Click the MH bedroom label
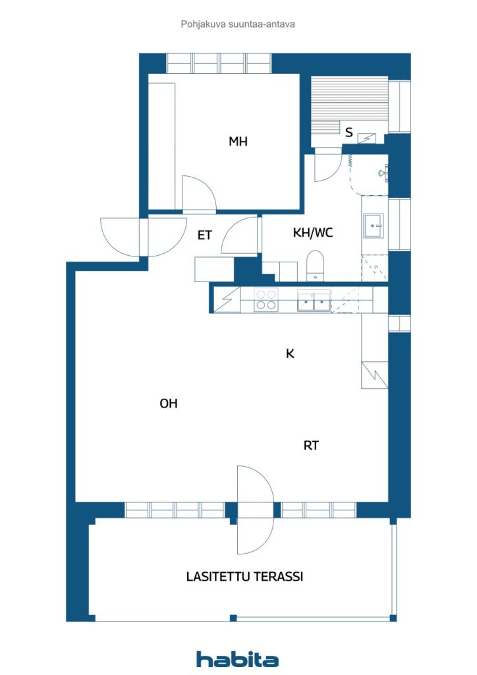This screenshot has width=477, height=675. [x=238, y=141]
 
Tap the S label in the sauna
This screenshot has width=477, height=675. [x=349, y=132]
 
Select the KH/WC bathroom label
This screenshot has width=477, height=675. [x=312, y=233]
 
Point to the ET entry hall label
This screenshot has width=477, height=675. [x=205, y=235]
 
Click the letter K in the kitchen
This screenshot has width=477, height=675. [x=290, y=354]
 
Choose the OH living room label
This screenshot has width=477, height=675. [x=169, y=404]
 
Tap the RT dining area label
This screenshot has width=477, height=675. [x=311, y=446]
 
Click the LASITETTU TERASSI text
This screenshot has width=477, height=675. [x=244, y=577]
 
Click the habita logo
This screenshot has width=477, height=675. [x=237, y=659]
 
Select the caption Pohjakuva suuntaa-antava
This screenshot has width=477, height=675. [x=238, y=24]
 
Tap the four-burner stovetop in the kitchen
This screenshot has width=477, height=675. [x=266, y=300]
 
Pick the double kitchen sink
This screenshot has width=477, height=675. [x=313, y=301]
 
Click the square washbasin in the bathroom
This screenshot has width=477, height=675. [x=374, y=225]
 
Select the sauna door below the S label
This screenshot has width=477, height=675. [x=327, y=165]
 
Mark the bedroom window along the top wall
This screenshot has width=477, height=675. [x=219, y=63]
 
